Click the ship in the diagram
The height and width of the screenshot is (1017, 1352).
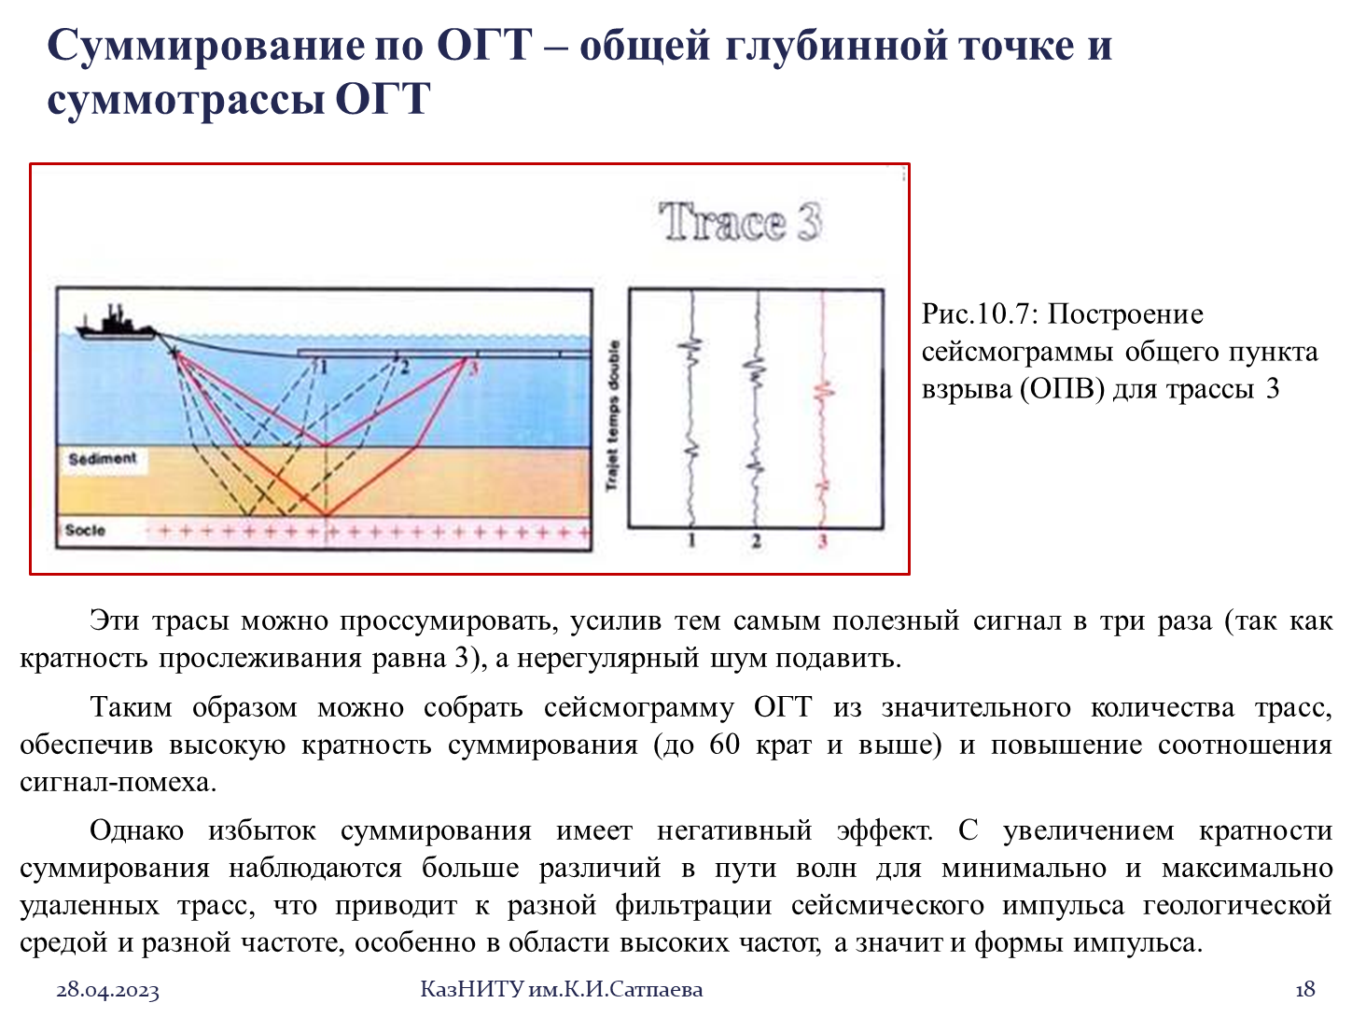[115, 326]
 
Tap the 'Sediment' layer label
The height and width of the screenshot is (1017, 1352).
[103, 459]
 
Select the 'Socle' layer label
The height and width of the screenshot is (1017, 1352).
[85, 530]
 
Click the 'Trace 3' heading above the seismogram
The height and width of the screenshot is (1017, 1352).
[740, 221]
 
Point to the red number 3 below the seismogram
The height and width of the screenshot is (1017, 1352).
[822, 541]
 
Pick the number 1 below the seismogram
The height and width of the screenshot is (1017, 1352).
[691, 541]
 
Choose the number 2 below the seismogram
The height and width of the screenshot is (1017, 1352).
[757, 541]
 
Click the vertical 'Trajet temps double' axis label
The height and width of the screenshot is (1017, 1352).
[613, 415]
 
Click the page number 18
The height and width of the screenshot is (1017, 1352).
[1304, 990]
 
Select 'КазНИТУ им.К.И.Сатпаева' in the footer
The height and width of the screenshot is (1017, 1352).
[561, 990]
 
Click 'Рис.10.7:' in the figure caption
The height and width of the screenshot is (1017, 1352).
[980, 314]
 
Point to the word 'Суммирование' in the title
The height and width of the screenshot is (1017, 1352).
[205, 46]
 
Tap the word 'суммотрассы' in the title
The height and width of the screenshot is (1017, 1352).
[186, 100]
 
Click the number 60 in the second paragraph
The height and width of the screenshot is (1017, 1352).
[724, 745]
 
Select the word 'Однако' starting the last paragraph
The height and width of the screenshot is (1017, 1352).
[137, 831]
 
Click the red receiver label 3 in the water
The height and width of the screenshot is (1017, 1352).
[473, 369]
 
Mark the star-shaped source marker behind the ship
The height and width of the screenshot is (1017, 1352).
[174, 353]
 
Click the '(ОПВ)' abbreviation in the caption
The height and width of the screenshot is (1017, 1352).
[1063, 389]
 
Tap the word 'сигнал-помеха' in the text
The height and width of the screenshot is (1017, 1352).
[118, 783]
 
